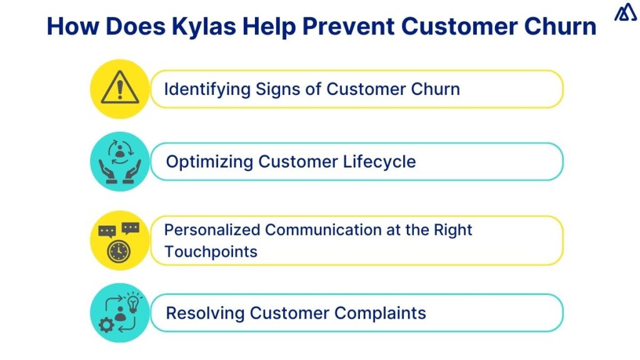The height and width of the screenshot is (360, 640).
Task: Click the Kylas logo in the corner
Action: click(625, 13)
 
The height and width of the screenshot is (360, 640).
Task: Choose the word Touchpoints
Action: click(211, 251)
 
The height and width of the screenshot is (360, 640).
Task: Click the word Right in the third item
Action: click(453, 230)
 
